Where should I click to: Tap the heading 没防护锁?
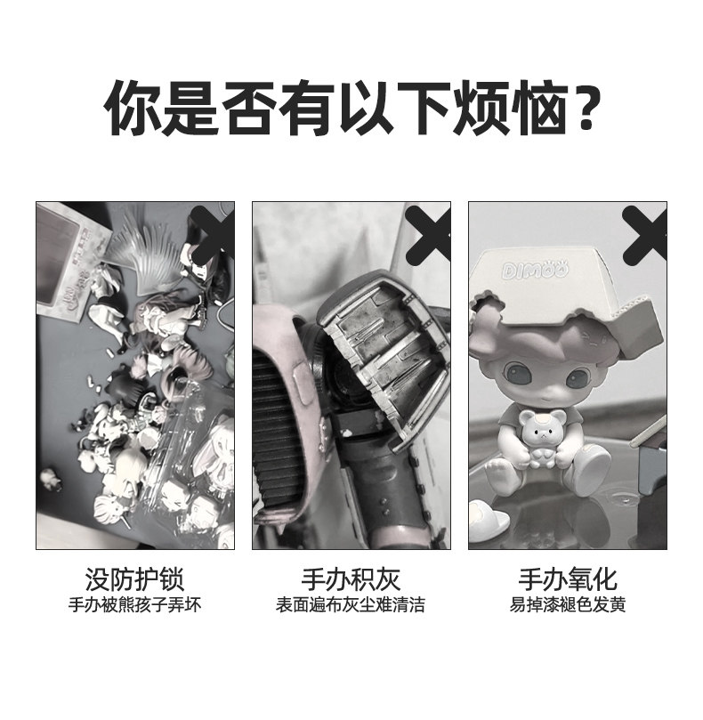tap(134, 579)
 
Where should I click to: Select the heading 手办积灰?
tap(351, 579)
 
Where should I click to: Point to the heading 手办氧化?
tap(568, 579)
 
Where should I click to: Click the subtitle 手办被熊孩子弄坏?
tap(134, 604)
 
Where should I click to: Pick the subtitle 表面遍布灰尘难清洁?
tap(351, 604)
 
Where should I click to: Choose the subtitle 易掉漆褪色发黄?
tap(568, 604)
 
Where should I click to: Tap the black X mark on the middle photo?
tap(428, 234)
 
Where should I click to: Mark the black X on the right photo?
tap(644, 234)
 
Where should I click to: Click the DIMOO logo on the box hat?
tap(535, 270)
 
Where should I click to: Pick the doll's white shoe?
tap(588, 470)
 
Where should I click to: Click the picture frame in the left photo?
tap(69, 259)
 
